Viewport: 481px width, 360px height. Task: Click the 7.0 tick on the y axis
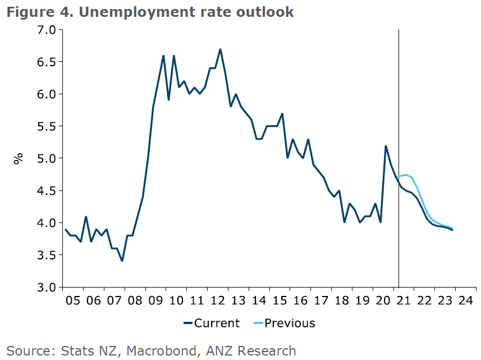[47, 29]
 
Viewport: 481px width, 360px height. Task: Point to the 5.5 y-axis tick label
[47, 126]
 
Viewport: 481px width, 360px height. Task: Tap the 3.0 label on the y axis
[47, 288]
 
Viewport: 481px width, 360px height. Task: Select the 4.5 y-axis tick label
[47, 191]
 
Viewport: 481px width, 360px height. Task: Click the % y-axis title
[19, 158]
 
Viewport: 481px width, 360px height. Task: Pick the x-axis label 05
[73, 300]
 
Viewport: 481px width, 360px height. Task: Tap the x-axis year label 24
[465, 300]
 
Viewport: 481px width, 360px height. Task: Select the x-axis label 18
[341, 300]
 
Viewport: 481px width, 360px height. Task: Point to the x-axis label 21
[404, 300]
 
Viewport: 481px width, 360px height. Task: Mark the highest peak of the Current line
[220, 49]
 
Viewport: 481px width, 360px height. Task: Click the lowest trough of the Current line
[122, 261]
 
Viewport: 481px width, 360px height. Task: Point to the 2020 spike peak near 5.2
[386, 146]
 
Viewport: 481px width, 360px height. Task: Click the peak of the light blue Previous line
[406, 175]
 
